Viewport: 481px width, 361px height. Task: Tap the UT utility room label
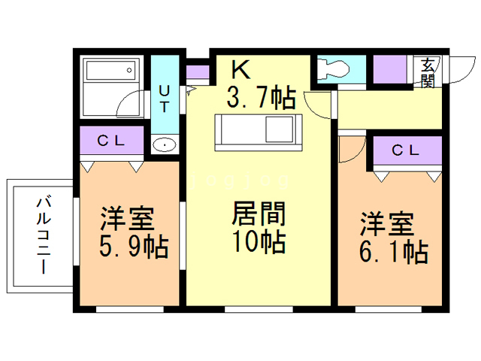(x=165, y=98)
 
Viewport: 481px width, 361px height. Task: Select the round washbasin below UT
(x=164, y=144)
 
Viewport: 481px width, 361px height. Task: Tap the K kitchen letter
(x=240, y=70)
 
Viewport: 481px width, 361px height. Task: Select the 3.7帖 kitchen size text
(x=260, y=98)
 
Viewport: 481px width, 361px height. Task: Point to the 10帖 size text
(x=258, y=242)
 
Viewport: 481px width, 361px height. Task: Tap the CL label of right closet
(x=405, y=150)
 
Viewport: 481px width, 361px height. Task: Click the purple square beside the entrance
(x=392, y=71)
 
